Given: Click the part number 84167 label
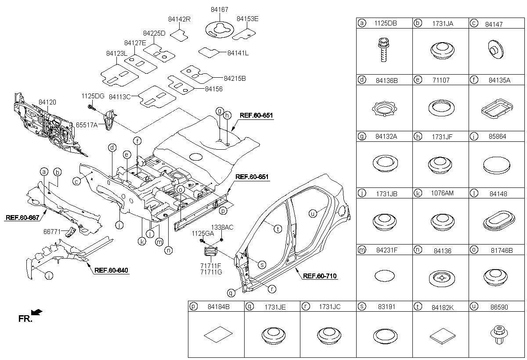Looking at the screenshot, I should tap(219, 9).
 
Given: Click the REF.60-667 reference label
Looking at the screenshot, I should tap(22, 217).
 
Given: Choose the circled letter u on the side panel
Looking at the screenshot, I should tap(313, 213).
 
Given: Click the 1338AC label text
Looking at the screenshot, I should tap(222, 227).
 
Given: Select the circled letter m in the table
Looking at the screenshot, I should tap(362, 250).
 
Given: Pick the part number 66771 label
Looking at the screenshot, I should tap(52, 231).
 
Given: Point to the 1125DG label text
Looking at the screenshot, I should tap(92, 96).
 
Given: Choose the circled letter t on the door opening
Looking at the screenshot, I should tap(278, 228).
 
